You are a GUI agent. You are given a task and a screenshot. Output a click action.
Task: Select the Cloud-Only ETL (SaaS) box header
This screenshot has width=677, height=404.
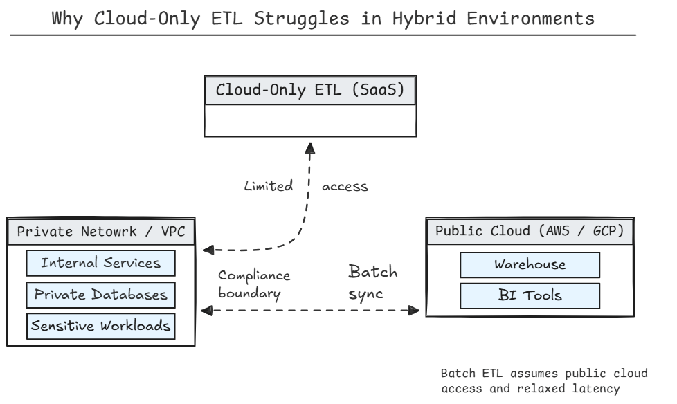point(310,91)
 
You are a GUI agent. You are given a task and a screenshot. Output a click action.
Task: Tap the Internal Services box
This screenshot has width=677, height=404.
point(101,263)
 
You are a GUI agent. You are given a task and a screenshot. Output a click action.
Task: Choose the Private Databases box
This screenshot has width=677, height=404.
point(101,294)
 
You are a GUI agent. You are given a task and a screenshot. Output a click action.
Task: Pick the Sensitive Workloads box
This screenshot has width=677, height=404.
point(101,325)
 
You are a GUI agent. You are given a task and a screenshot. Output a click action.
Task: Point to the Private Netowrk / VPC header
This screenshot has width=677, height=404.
point(100,231)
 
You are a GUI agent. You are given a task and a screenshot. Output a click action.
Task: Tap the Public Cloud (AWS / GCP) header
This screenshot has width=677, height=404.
point(530,231)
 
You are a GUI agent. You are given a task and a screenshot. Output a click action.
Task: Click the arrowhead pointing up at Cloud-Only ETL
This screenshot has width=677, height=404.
point(310,147)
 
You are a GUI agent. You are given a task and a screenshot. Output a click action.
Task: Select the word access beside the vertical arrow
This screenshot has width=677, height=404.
point(345,186)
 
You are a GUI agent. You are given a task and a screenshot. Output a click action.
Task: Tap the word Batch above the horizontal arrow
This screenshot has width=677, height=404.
point(372,271)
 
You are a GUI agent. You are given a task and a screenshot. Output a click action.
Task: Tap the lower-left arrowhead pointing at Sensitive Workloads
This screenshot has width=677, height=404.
point(206,311)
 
